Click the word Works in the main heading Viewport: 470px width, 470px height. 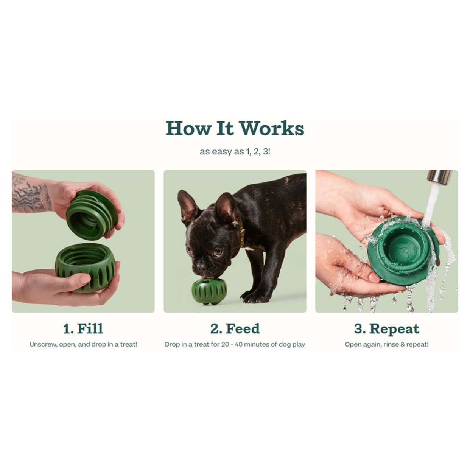click(x=272, y=128)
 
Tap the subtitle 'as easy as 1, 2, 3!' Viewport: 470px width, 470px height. click(x=235, y=152)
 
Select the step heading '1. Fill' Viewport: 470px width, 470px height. click(x=83, y=328)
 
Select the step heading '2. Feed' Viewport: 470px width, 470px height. click(x=235, y=328)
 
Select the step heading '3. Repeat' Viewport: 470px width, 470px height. click(x=386, y=328)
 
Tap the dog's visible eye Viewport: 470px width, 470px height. click(x=218, y=252)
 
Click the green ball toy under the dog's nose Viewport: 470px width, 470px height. click(x=209, y=291)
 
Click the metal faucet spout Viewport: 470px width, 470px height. click(x=439, y=177)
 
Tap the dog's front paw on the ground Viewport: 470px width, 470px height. click(x=252, y=297)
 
